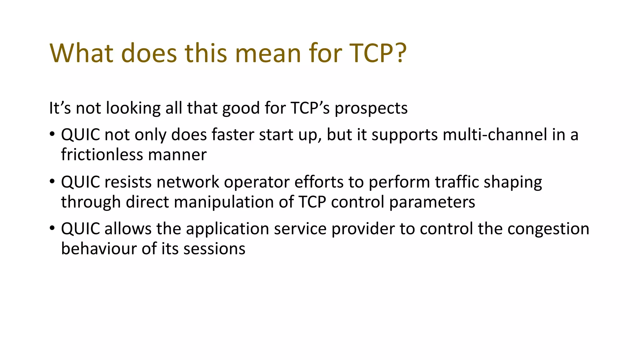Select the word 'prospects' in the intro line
click(x=371, y=109)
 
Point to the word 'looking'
click(x=133, y=109)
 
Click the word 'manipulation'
click(x=234, y=202)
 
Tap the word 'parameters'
click(x=432, y=202)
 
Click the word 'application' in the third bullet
click(x=227, y=229)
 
